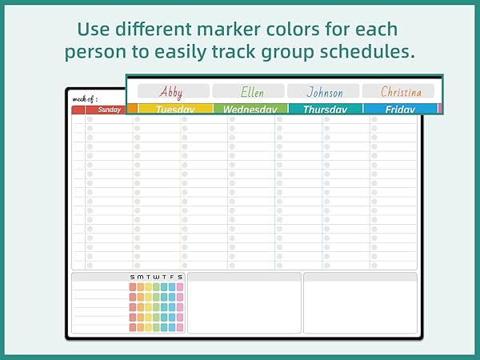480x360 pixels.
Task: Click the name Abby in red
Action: tap(171, 92)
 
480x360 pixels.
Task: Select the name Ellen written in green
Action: tap(252, 92)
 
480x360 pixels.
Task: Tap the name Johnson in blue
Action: tap(325, 92)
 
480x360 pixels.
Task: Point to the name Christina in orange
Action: tap(401, 91)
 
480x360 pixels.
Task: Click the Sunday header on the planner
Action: tap(110, 110)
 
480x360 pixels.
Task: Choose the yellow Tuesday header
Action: tap(175, 110)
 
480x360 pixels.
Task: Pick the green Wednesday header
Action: tap(250, 110)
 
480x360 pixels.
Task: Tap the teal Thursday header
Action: tap(325, 110)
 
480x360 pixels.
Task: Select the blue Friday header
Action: tap(400, 110)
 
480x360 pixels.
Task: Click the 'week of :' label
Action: tap(85, 99)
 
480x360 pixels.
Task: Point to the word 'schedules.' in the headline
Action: tap(367, 52)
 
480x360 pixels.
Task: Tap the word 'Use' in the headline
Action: tap(94, 30)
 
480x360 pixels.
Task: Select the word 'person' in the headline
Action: tap(95, 52)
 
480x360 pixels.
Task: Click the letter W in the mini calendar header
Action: tap(156, 278)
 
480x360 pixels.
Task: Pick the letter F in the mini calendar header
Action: tap(172, 278)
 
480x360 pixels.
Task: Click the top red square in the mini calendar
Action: tap(133, 287)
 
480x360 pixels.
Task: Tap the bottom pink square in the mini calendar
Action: tap(180, 327)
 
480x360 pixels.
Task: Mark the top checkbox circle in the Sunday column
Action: tap(90, 119)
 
